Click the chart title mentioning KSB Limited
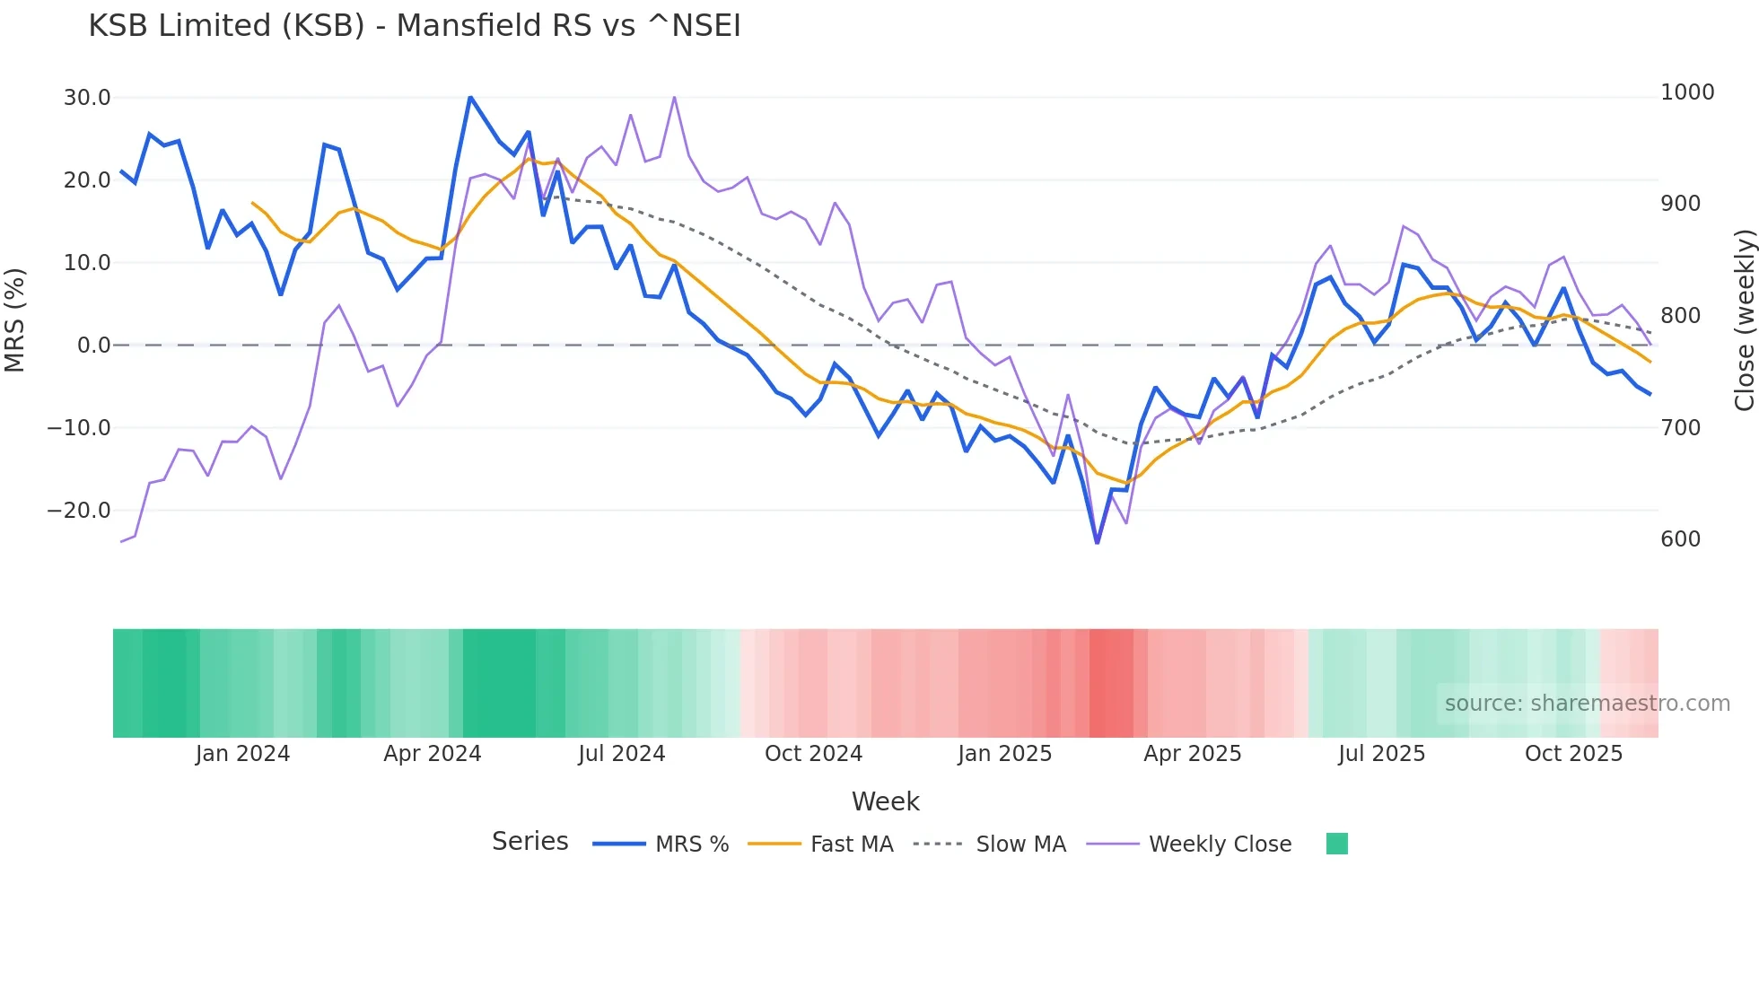415,26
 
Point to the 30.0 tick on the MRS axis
87,98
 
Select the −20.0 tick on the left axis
79,511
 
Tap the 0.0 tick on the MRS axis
93,346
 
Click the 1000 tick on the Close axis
1687,92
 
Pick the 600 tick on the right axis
1681,539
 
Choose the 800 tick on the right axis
1681,316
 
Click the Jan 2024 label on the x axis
242,754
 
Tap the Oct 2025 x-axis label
1573,754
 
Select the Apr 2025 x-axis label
1192,754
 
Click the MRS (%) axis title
15,319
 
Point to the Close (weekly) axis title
1744,319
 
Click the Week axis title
885,801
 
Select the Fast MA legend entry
851,845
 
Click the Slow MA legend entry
1020,845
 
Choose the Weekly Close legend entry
1220,845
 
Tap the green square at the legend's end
1336,844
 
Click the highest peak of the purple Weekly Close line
674,97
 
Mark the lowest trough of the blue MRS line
1097,543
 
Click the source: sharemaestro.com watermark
1587,704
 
